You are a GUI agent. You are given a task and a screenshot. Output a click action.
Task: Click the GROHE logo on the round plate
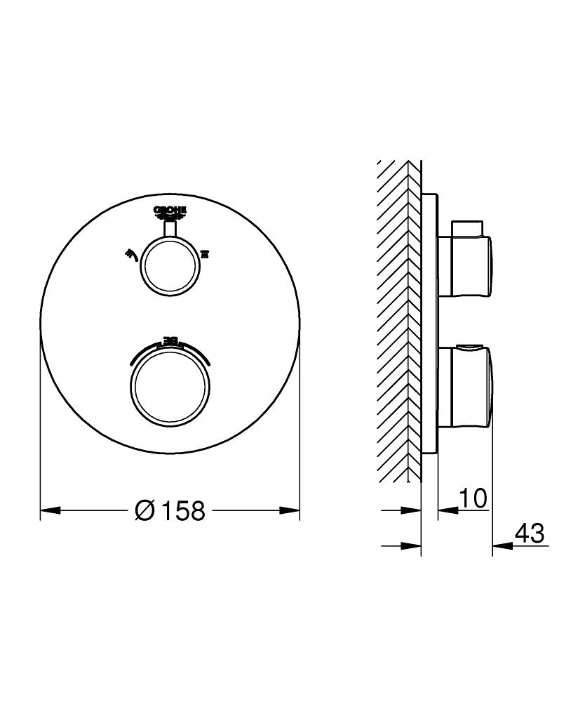170,211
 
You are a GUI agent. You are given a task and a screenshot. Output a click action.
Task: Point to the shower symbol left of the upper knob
130,253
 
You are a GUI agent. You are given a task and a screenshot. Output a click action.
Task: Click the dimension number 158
184,511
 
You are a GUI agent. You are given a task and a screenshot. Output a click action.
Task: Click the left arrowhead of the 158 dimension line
49,510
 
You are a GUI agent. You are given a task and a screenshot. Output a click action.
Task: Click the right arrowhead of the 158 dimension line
290,510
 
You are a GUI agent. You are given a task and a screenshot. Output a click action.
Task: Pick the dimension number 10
473,498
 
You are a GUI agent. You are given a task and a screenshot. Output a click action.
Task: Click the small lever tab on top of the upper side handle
469,228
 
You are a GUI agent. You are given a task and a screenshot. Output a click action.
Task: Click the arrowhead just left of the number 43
500,545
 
